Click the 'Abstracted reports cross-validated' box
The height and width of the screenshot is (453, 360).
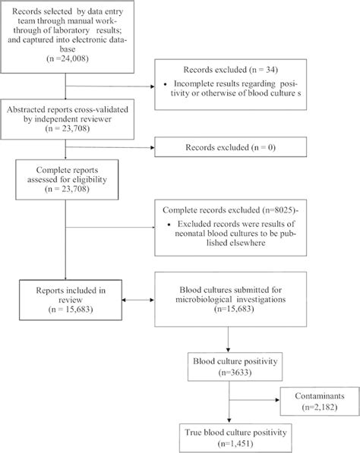point(67,117)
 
